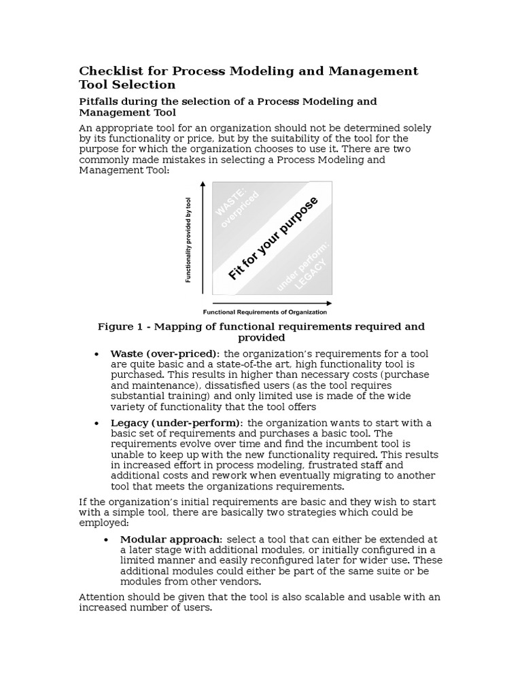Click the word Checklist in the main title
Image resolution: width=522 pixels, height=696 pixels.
(x=109, y=71)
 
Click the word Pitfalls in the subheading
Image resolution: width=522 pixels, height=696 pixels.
(x=100, y=101)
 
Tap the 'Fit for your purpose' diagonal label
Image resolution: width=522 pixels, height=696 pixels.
(x=273, y=239)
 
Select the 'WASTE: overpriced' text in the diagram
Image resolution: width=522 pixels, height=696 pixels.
(x=234, y=205)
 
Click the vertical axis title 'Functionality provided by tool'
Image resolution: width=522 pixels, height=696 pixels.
(x=188, y=239)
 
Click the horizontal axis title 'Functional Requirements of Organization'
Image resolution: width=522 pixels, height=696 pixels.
(x=266, y=313)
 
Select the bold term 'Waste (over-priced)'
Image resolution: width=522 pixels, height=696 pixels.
(x=164, y=353)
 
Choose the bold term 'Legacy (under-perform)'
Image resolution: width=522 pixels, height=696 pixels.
(x=175, y=423)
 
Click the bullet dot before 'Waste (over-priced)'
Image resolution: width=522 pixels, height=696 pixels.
(x=97, y=354)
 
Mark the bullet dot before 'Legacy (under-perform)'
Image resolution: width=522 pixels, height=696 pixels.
(x=97, y=423)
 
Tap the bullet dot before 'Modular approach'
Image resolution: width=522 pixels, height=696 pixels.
(x=107, y=540)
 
